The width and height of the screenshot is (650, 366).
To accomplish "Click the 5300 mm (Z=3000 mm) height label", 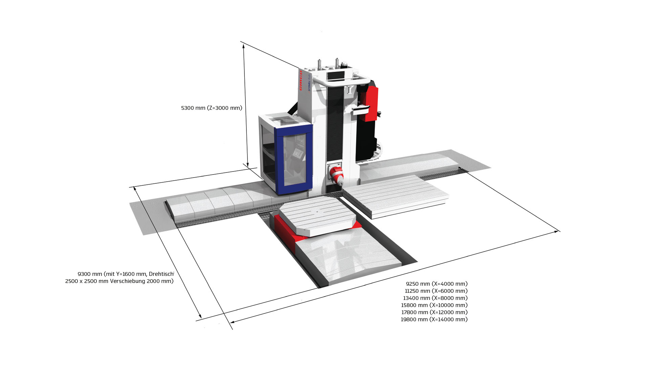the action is click(x=212, y=108).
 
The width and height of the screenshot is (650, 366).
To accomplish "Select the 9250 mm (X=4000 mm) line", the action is click(x=437, y=284).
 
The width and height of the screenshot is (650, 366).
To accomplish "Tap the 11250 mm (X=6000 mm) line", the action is click(x=436, y=291).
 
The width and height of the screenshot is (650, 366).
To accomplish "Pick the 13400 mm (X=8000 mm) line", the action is click(x=435, y=298).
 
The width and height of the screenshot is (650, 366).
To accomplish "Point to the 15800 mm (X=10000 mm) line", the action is click(x=434, y=305).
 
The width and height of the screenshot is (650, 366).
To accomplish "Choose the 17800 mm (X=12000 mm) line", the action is click(x=434, y=312).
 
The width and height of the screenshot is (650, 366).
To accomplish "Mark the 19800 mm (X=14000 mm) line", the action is click(x=434, y=319).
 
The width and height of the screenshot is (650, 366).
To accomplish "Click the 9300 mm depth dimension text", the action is click(x=90, y=274).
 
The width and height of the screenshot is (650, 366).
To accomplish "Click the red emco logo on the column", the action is click(x=301, y=80).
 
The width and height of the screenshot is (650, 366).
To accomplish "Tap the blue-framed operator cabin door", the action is click(x=294, y=159).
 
